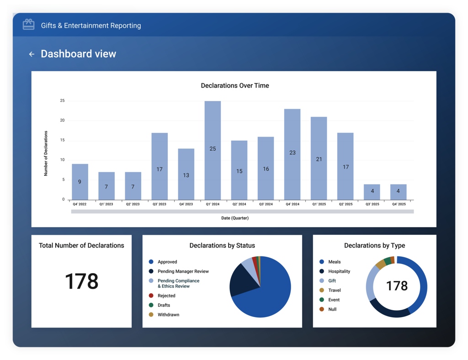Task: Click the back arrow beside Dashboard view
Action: point(32,54)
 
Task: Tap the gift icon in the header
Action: point(29,25)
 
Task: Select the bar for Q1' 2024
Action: point(213,150)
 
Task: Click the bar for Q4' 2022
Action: point(80,182)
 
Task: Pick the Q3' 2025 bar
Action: point(372,192)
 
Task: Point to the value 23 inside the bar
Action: point(292,153)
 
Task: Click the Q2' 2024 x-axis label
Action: point(239,204)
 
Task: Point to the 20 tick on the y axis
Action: point(62,121)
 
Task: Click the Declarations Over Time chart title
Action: point(235,85)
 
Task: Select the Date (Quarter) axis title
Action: point(235,218)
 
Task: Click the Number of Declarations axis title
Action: point(46,154)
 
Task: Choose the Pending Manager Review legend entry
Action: point(179,271)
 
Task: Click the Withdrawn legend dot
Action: point(151,315)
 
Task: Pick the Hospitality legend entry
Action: point(335,271)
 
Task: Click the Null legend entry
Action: point(328,309)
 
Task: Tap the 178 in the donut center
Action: point(397,286)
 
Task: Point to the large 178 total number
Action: point(81,281)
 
